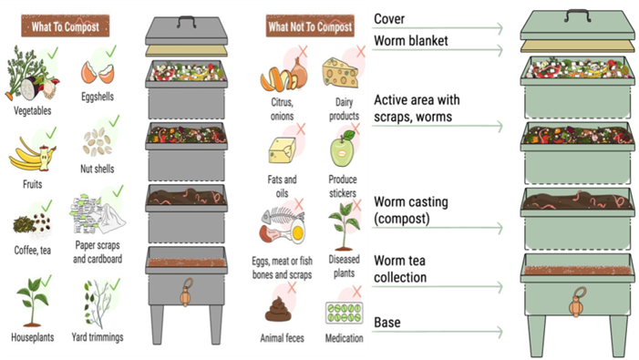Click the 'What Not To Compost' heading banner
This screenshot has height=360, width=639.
click(311, 26)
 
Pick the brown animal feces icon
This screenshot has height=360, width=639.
click(278, 308)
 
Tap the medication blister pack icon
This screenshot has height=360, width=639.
click(342, 313)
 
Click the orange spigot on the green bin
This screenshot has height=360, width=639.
click(576, 302)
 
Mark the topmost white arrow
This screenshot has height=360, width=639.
click(438, 28)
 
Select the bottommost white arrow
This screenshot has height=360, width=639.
click(438, 332)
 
